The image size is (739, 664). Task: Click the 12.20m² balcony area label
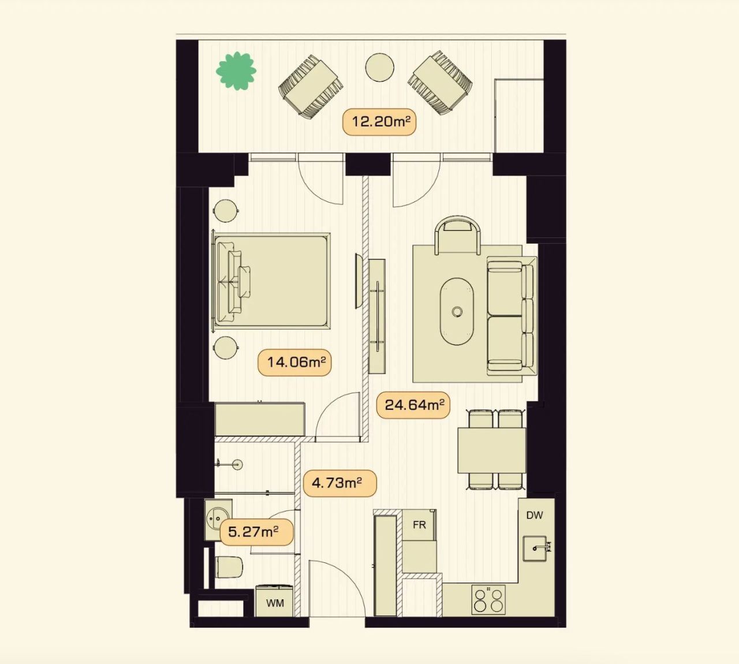pos(379,122)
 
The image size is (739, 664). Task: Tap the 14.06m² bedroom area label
pos(294,363)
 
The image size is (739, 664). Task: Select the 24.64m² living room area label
pos(413,404)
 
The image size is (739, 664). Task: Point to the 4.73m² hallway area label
pos(339,483)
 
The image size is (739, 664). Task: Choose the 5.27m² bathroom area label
pos(256,532)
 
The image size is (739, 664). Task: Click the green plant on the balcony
pos(236,71)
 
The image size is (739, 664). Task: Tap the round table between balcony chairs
pos(380,68)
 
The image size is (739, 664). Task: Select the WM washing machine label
pos(275,603)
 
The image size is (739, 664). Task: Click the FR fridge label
pos(420,525)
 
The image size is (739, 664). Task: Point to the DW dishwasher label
pos(535,515)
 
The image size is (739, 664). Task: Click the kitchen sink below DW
pos(536,548)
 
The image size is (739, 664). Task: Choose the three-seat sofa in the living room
pos(511,315)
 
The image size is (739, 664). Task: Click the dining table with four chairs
pos(491,450)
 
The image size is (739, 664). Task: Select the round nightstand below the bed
pos(226,349)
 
